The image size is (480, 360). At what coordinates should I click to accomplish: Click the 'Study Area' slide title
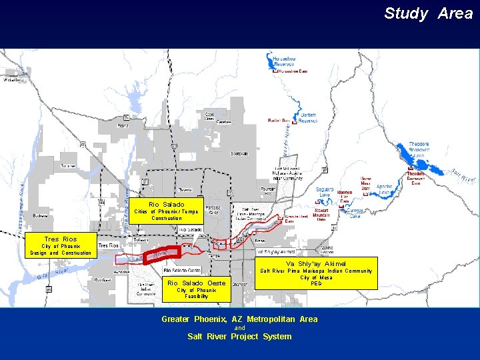click(x=428, y=13)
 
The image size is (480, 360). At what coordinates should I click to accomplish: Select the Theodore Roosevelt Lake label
click(x=419, y=147)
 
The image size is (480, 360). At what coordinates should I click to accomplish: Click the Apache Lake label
click(x=385, y=191)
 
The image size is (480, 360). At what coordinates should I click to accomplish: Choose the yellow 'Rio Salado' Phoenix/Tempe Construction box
click(x=166, y=211)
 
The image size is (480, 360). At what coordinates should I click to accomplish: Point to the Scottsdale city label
click(x=239, y=153)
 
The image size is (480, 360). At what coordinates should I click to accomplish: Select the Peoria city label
click(x=123, y=125)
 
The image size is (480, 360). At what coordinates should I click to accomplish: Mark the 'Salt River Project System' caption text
click(x=239, y=337)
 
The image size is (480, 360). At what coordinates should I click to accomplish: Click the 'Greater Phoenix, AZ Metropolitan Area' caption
click(x=239, y=319)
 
